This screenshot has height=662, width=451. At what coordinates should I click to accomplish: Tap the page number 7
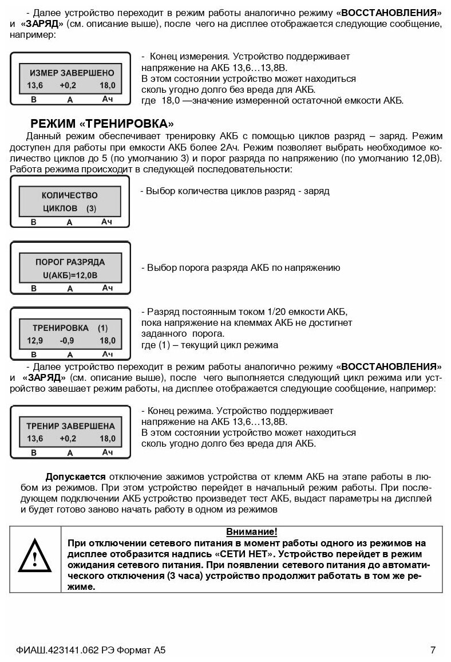click(x=433, y=650)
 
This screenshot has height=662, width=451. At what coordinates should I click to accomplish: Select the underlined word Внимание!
click(x=252, y=532)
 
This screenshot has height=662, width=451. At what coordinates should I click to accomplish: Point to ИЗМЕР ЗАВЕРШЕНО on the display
click(x=72, y=73)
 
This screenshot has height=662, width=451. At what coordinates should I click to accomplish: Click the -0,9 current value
click(x=68, y=341)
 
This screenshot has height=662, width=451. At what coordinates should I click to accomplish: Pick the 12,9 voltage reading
click(x=35, y=341)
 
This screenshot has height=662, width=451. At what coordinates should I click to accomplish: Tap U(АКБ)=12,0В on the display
click(x=70, y=275)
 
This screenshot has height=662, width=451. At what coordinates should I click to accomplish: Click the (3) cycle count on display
click(x=92, y=209)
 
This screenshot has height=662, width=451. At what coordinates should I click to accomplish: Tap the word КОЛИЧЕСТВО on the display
click(x=70, y=195)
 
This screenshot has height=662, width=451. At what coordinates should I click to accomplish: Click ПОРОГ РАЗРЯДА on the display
click(x=70, y=262)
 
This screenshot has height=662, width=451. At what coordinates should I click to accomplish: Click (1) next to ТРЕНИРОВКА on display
click(x=102, y=328)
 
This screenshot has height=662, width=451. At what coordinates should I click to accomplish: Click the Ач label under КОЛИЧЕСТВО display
click(x=107, y=222)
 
